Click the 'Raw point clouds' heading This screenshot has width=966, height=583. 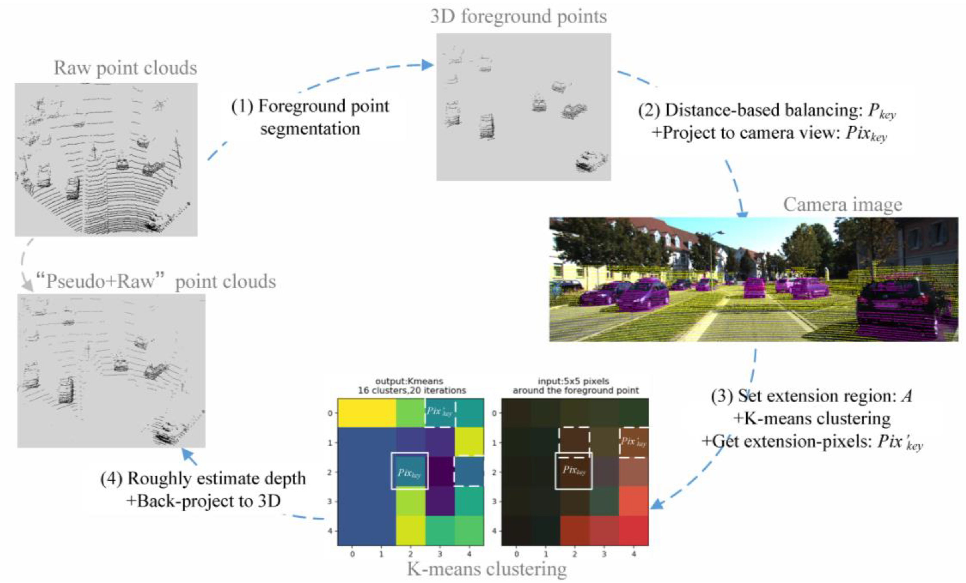click(125, 68)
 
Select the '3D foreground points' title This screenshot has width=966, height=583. click(518, 17)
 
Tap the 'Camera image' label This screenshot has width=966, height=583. click(843, 204)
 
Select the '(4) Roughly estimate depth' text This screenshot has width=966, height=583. click(203, 478)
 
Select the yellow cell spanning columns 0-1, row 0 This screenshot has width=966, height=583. click(367, 413)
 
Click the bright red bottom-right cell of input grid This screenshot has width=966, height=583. click(633, 530)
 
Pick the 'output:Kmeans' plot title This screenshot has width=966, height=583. click(409, 381)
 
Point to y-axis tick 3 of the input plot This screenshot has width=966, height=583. click(494, 502)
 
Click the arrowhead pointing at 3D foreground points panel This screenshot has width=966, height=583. click(428, 65)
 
